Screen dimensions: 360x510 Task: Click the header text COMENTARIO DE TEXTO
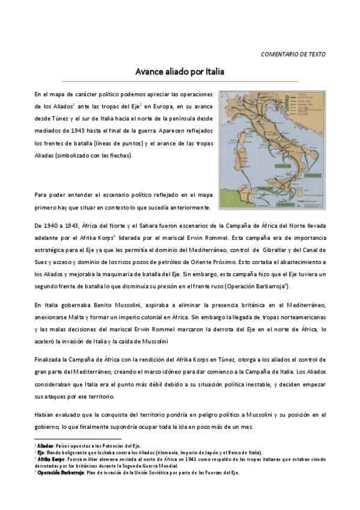(293, 54)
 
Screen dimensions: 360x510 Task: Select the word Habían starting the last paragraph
(45, 414)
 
